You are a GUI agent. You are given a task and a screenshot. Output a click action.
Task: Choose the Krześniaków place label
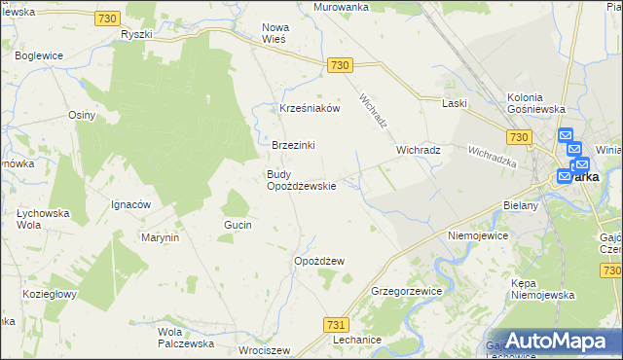(310, 109)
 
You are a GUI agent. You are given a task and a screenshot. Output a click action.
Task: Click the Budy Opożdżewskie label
(302, 180)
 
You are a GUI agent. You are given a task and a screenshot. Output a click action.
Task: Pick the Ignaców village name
(129, 204)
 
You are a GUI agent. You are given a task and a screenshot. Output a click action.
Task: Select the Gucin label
(238, 225)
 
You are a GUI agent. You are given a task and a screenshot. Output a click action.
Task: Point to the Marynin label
(161, 237)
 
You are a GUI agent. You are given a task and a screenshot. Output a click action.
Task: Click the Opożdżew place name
(319, 261)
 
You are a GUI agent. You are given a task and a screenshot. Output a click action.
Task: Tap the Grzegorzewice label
(407, 291)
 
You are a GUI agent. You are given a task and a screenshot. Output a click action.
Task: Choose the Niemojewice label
(479, 235)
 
